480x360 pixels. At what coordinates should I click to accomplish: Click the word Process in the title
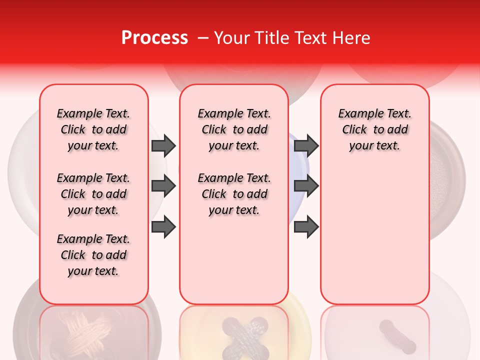(154, 38)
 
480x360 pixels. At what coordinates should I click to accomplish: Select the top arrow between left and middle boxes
(163, 145)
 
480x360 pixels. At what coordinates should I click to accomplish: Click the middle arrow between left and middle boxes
(163, 186)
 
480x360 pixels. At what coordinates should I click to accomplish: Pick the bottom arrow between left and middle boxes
(163, 227)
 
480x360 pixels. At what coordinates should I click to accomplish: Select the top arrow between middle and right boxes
(306, 145)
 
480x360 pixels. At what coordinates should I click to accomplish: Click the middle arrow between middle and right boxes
(306, 186)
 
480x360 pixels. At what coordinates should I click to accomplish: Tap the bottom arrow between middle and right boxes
(306, 227)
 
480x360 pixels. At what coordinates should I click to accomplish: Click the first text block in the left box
(93, 129)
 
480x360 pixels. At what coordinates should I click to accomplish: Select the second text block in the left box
(93, 194)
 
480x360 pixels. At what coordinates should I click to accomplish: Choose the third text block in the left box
(93, 255)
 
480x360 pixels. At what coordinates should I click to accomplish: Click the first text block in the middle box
(234, 129)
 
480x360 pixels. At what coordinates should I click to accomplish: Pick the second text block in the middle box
(234, 194)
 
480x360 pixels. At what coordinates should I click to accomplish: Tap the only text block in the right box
(374, 129)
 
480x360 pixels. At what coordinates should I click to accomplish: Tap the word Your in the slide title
(232, 38)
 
